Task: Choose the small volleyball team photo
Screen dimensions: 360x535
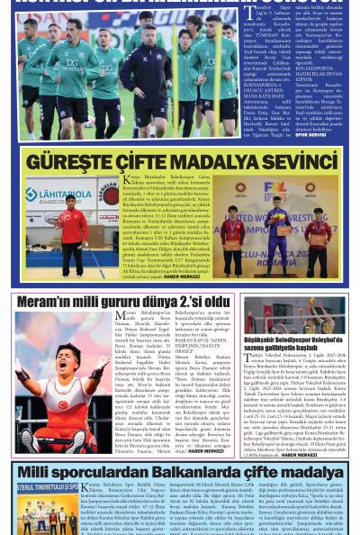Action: [x=294, y=315]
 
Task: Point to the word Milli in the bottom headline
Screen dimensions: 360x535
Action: [x=37, y=474]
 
